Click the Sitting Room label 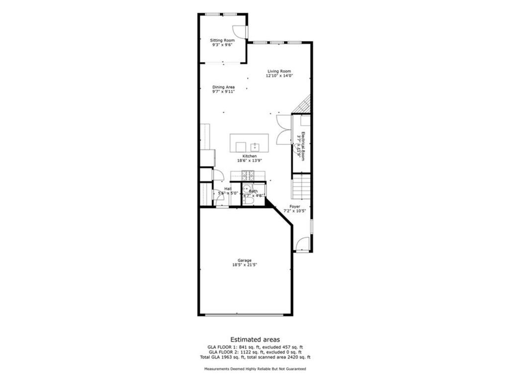pos(222,40)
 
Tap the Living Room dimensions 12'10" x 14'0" pos(279,76)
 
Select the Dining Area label pos(224,87)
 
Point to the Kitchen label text pos(250,156)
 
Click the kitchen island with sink pos(249,143)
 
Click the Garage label pos(244,260)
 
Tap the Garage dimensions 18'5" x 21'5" pos(244,265)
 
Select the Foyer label pos(295,206)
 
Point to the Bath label pos(254,191)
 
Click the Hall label pos(227,189)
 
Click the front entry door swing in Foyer pos(303,244)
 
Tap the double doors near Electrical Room pos(283,130)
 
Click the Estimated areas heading pos(254,339)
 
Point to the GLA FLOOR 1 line pos(254,347)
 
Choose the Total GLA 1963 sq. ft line pos(254,357)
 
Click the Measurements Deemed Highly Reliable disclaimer pos(254,369)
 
